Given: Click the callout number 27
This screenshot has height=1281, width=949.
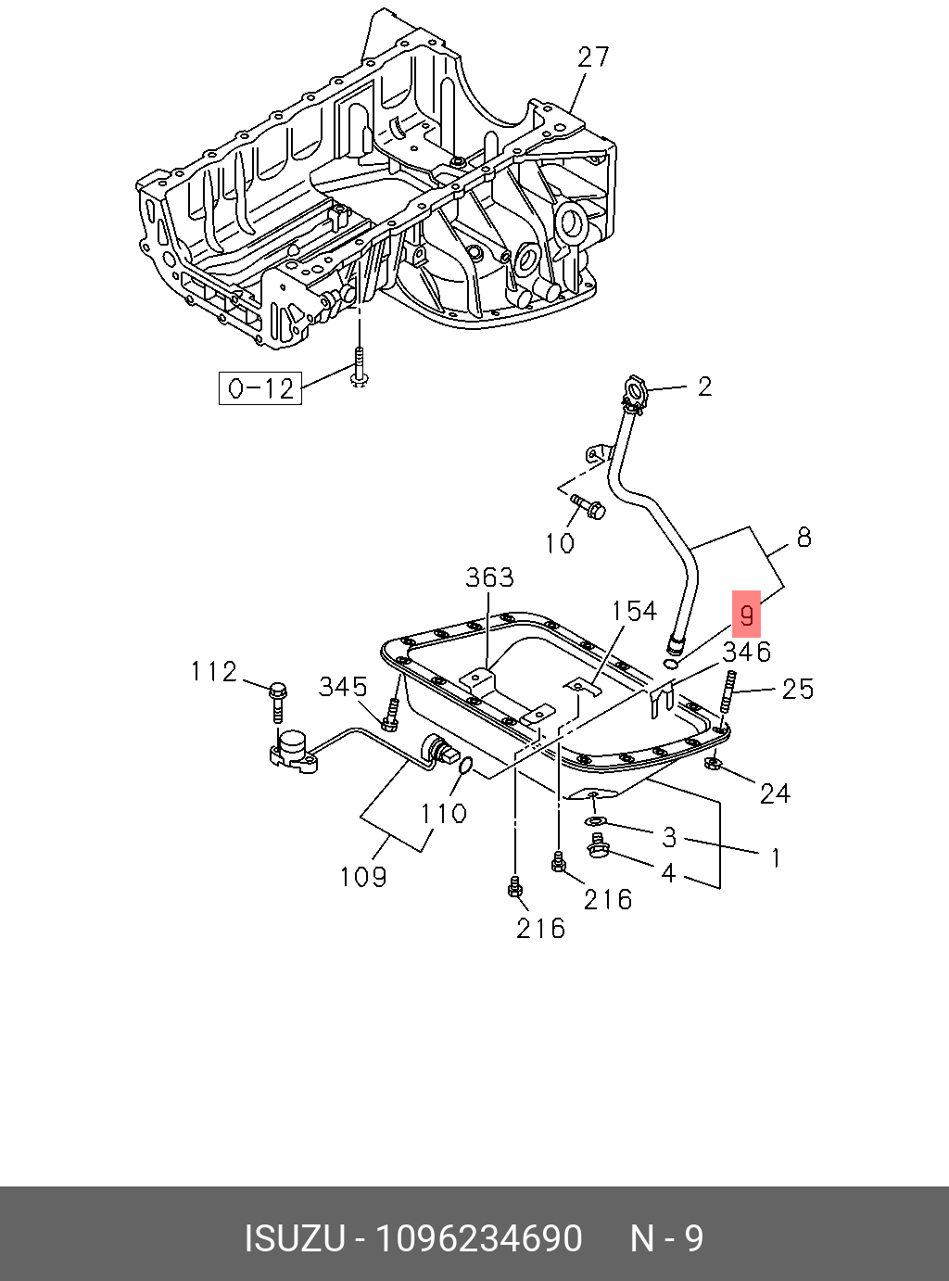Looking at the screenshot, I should [593, 57].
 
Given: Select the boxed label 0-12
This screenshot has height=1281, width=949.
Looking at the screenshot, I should [260, 387].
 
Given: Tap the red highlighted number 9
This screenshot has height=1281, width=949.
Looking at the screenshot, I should [746, 615].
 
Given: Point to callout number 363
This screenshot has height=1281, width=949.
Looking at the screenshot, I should [489, 577].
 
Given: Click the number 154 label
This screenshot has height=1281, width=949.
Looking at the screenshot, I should [634, 611].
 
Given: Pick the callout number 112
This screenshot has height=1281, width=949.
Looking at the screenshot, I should [214, 671].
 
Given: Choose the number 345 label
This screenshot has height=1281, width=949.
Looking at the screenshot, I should [343, 687].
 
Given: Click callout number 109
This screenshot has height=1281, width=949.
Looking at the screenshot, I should [363, 876].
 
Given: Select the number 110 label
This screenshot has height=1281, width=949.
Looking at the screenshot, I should [443, 813].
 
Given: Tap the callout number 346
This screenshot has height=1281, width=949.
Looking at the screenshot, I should [746, 652].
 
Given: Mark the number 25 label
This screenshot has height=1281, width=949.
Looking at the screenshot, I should [797, 689].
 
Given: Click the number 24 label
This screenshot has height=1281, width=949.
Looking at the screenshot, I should [775, 793].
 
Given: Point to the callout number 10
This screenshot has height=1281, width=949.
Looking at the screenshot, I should [560, 543].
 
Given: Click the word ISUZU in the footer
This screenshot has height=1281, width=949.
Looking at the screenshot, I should [294, 1239].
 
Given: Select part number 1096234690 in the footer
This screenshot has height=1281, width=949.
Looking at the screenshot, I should [478, 1239].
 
